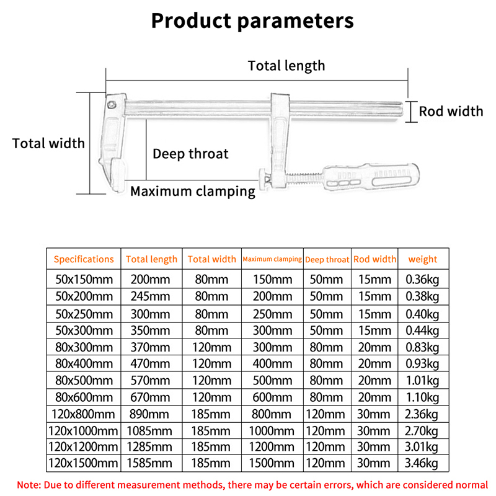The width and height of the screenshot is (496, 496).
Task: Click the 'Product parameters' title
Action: coord(252,20)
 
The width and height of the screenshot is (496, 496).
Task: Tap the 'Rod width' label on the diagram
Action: coord(451,112)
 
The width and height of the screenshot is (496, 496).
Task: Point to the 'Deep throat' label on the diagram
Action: coord(190,154)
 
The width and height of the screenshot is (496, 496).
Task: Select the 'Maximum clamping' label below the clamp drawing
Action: coord(192,191)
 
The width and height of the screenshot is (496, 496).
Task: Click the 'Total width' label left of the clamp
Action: coord(48,143)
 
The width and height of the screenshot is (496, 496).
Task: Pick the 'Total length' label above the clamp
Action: coord(286,65)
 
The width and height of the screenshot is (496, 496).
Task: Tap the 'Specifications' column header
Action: coord(84,259)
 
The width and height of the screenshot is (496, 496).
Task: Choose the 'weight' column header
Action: coord(422,259)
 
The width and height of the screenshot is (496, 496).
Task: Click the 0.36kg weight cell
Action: coord(422,279)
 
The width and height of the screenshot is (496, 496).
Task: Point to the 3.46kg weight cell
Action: coord(422,463)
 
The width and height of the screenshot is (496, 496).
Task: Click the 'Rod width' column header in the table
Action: coord(374,259)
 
